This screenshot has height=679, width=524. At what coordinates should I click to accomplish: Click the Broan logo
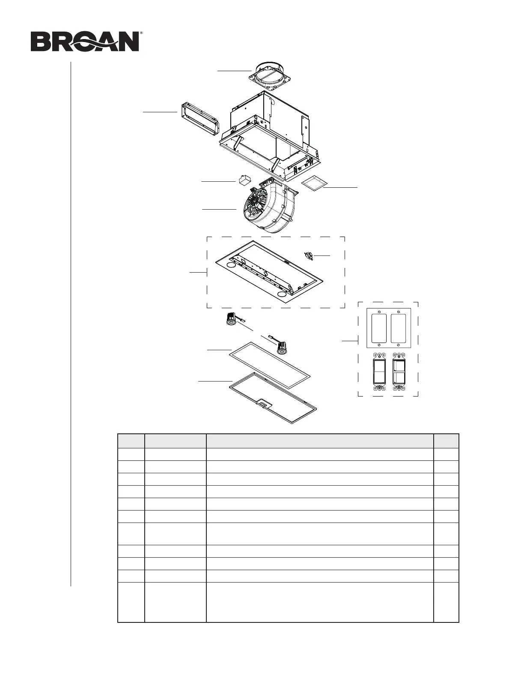[x=86, y=42]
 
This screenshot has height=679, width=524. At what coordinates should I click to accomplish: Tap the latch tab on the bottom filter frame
[x=263, y=404]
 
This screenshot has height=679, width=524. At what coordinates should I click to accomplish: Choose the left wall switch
[x=379, y=371]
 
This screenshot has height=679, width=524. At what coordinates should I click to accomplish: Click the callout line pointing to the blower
[x=219, y=209]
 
